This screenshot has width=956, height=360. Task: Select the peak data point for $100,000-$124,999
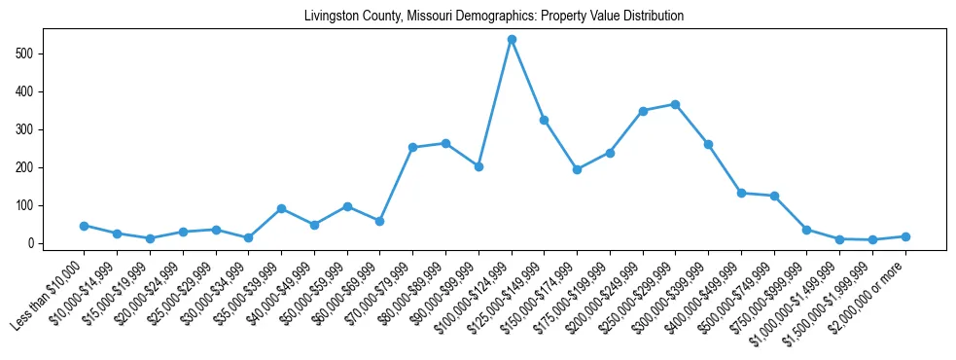(x=512, y=40)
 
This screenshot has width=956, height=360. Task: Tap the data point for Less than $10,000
(x=85, y=226)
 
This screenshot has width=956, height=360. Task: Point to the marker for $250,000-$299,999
(x=676, y=104)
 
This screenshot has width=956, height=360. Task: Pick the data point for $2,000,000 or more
(x=905, y=236)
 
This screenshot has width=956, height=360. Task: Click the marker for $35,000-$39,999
(x=281, y=208)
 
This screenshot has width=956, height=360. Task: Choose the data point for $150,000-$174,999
(x=577, y=169)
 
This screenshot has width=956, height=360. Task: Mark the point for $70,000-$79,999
(x=412, y=147)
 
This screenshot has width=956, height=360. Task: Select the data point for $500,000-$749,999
(x=774, y=196)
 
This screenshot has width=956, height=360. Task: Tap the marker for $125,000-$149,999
(x=544, y=120)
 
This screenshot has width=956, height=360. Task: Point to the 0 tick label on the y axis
(x=33, y=243)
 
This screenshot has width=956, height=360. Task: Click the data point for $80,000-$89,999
(x=445, y=143)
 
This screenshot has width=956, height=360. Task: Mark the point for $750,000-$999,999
(x=807, y=230)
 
